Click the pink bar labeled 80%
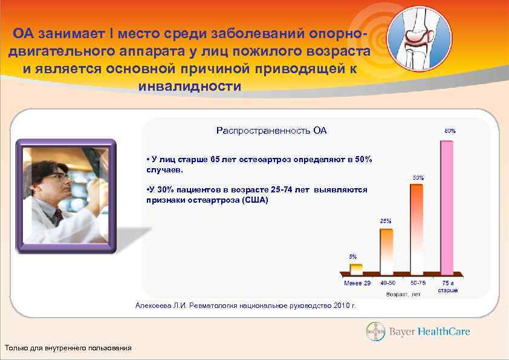[x=446, y=208]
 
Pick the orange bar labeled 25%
[x=386, y=251]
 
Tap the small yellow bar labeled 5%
[x=357, y=269]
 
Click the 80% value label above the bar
[x=450, y=131]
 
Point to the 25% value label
[x=385, y=221]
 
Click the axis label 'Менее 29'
[x=357, y=283]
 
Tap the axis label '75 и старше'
[x=448, y=287]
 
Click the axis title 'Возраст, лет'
[x=403, y=295]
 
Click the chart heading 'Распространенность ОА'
[x=271, y=131]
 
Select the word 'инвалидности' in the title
[x=189, y=87]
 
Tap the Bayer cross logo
[x=375, y=332]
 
